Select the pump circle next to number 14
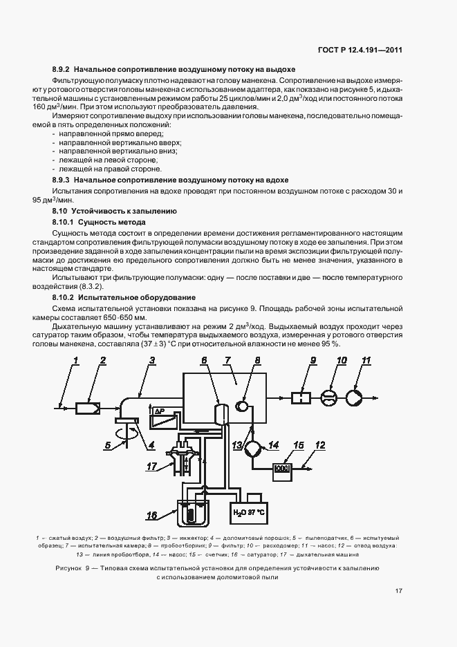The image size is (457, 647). (250, 447)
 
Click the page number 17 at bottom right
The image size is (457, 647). (399, 590)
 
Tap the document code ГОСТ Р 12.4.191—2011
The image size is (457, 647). (370, 49)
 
